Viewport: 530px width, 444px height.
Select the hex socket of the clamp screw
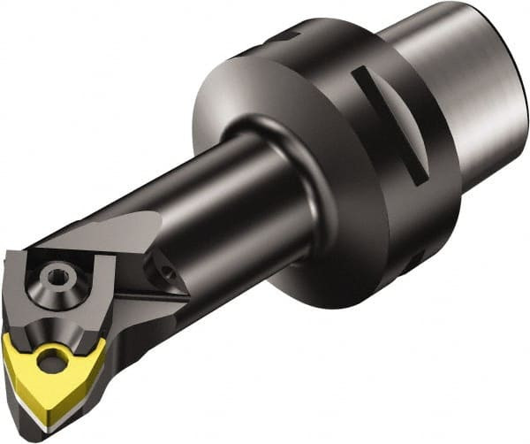click(58, 275)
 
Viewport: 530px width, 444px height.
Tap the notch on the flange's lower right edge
click(414, 264)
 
